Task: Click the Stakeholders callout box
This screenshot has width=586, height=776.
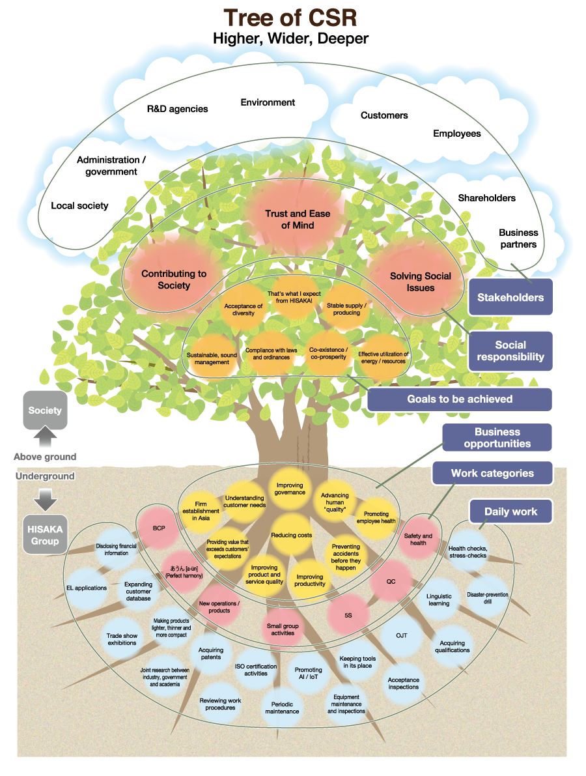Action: pyautogui.click(x=510, y=298)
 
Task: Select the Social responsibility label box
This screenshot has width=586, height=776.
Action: pyautogui.click(x=510, y=351)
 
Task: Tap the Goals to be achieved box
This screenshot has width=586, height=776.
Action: pyautogui.click(x=460, y=399)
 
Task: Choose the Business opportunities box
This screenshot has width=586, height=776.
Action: pyautogui.click(x=497, y=438)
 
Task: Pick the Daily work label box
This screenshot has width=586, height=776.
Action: pyautogui.click(x=510, y=512)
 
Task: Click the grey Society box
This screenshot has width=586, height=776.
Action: pyautogui.click(x=45, y=410)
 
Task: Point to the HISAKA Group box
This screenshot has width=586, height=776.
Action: pyautogui.click(x=45, y=536)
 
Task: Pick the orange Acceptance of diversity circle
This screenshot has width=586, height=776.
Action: pyautogui.click(x=243, y=309)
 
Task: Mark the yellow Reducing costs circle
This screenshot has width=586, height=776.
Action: pyautogui.click(x=291, y=535)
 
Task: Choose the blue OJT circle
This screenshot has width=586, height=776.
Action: pyautogui.click(x=402, y=635)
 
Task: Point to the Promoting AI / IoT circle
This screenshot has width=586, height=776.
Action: pyautogui.click(x=308, y=674)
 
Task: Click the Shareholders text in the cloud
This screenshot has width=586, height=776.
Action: pyautogui.click(x=486, y=198)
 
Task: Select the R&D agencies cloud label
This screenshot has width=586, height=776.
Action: pyautogui.click(x=177, y=109)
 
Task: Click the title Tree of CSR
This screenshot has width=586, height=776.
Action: pyautogui.click(x=290, y=18)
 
